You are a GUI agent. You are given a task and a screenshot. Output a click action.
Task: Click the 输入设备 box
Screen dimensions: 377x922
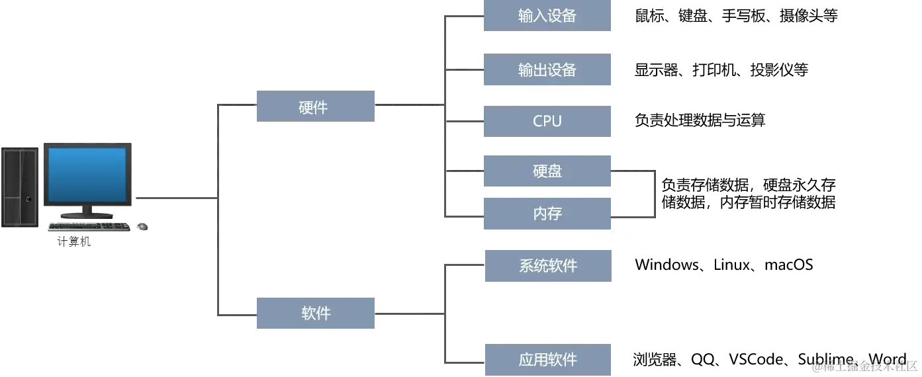547,16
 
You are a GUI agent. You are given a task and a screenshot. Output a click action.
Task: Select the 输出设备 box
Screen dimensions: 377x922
547,71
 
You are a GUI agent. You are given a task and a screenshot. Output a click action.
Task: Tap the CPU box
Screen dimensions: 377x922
547,121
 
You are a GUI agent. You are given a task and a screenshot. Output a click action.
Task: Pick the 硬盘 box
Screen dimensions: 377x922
547,171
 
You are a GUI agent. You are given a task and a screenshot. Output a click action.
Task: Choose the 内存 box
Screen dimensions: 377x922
547,214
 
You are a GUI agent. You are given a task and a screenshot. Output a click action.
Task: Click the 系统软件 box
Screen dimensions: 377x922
547,267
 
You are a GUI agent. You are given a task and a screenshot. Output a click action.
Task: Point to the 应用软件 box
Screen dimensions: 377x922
547,360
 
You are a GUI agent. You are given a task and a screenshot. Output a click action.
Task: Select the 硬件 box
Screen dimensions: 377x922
314,106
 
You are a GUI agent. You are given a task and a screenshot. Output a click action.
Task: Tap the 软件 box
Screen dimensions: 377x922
314,314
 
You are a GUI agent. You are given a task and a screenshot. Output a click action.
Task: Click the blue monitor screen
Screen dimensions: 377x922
87,175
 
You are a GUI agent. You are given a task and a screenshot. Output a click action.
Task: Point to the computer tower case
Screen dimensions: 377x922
19,187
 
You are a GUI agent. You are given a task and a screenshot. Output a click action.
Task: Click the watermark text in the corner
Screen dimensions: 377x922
864,364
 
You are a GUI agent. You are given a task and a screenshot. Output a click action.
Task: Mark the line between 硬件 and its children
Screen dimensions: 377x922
408,104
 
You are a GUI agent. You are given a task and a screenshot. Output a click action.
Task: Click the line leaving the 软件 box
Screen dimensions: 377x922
408,314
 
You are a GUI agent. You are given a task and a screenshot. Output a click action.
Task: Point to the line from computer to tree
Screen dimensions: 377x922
175,198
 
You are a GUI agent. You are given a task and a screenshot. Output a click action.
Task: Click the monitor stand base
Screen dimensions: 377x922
86,215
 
